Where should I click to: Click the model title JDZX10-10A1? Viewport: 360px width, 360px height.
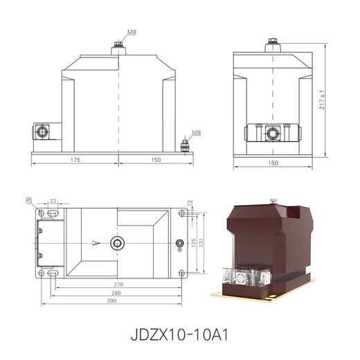179,333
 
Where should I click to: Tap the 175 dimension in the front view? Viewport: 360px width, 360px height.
75,159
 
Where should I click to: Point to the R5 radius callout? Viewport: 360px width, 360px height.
29,200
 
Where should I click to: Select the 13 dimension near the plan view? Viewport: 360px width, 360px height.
190,202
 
